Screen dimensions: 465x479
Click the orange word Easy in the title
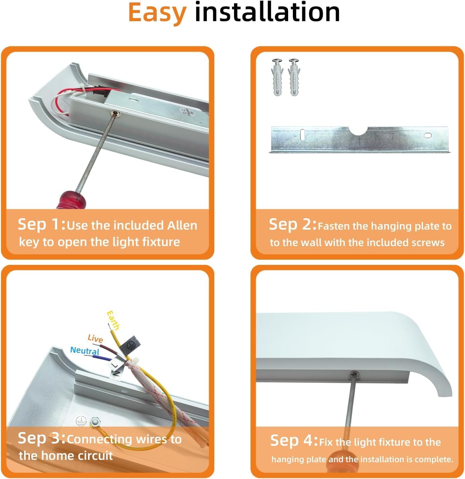point(157,13)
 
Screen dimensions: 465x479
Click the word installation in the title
point(267,11)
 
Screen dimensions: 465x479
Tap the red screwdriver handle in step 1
point(71,200)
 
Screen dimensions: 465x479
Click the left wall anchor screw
point(277,77)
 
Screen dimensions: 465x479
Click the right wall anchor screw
point(294,77)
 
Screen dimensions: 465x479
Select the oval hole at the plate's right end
point(428,135)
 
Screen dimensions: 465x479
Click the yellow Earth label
point(113,320)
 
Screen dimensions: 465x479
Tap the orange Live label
point(95,338)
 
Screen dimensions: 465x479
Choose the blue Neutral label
point(85,351)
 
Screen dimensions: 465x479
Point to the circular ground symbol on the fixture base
point(81,421)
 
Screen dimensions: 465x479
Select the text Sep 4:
point(294,440)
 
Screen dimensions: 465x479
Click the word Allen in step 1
point(182,225)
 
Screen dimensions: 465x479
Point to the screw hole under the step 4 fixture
point(354,375)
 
